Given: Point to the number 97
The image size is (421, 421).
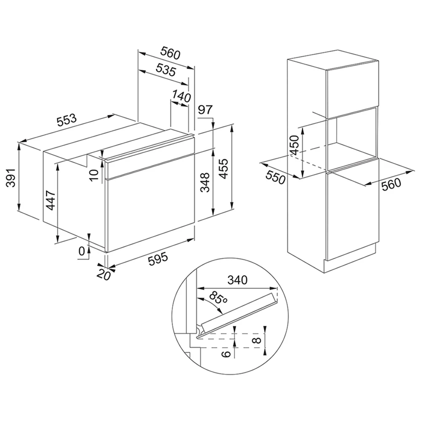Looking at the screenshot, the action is pyautogui.click(x=205, y=110).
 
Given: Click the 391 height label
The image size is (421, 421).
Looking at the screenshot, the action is pyautogui.click(x=11, y=178).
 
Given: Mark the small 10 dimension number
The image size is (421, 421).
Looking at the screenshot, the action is pyautogui.click(x=94, y=175).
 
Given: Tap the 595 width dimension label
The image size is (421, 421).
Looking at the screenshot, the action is pyautogui.click(x=158, y=259).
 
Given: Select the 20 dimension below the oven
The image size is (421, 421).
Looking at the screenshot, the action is pyautogui.click(x=104, y=274).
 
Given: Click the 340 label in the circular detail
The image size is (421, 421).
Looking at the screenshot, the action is pyautogui.click(x=237, y=280).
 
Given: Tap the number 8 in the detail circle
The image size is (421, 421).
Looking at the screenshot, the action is pyautogui.click(x=257, y=341).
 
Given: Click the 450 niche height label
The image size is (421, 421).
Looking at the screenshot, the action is pyautogui.click(x=295, y=145).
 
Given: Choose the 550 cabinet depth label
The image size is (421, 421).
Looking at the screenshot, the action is pyautogui.click(x=275, y=178).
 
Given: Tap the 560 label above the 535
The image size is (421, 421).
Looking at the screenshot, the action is pyautogui.click(x=170, y=53).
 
